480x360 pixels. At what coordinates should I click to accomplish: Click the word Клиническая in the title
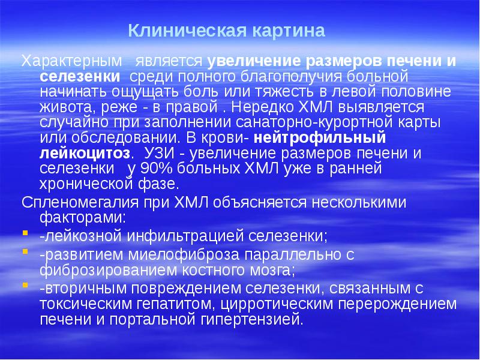coord(175,29)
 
